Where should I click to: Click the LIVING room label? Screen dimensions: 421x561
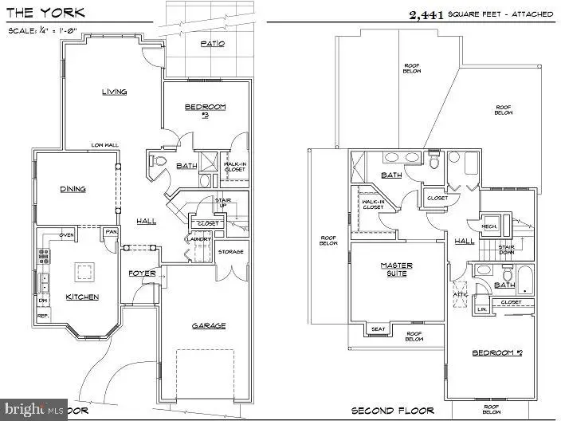pyautogui.click(x=114, y=92)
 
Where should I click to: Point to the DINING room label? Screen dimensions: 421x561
pyautogui.click(x=73, y=189)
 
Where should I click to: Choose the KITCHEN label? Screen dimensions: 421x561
pyautogui.click(x=83, y=297)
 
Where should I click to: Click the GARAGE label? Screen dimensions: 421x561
pyautogui.click(x=209, y=325)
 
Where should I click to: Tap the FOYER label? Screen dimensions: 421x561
pyautogui.click(x=142, y=273)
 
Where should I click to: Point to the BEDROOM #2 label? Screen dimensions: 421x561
pyautogui.click(x=496, y=352)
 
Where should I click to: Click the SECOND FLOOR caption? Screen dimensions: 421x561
pyautogui.click(x=394, y=411)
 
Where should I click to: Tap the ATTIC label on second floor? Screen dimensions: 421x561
pyautogui.click(x=460, y=293)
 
